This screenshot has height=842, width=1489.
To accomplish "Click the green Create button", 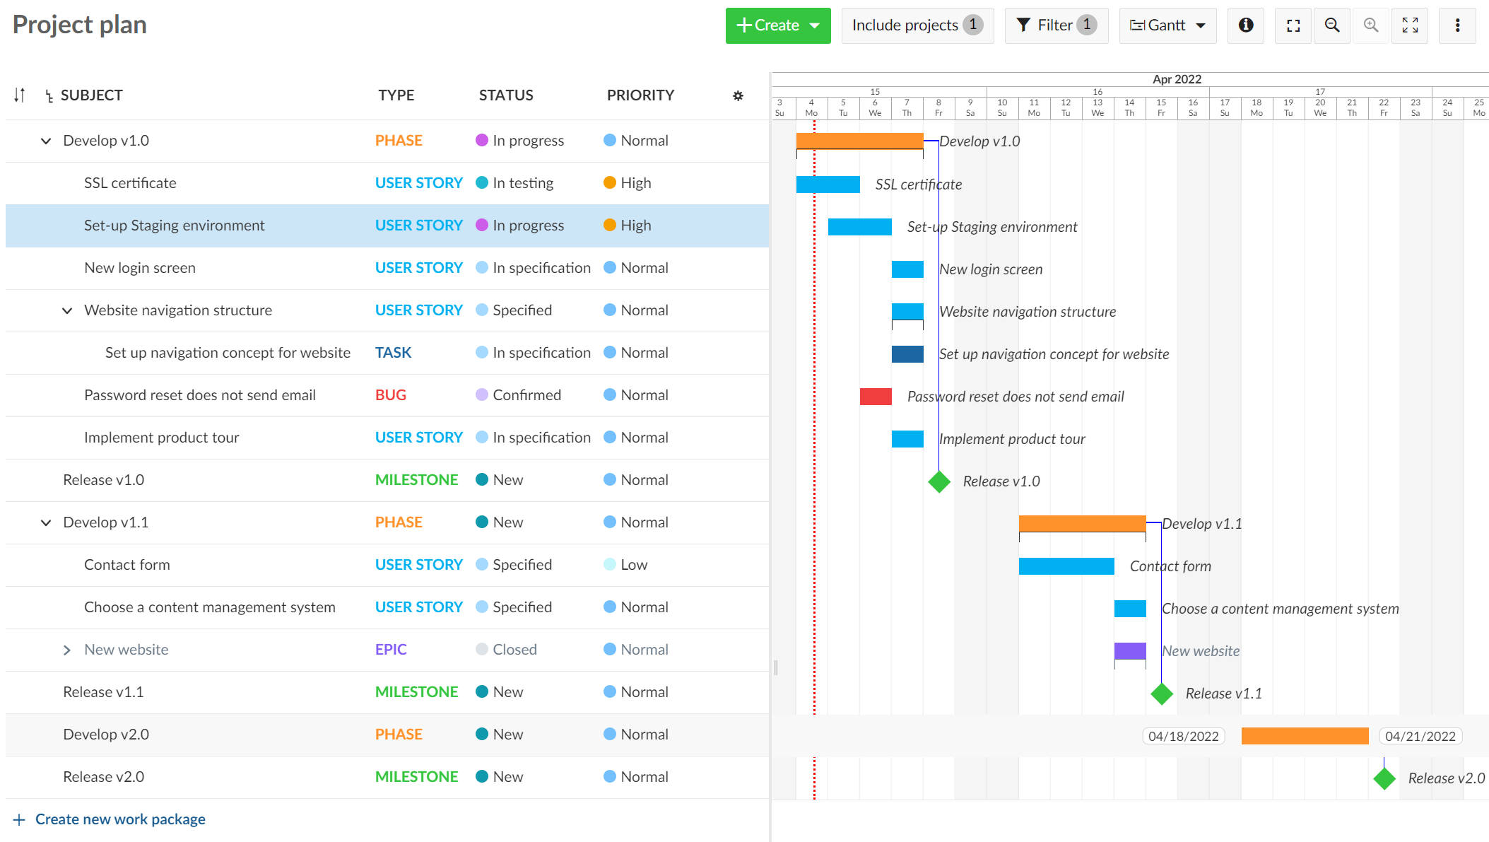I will click(x=777, y=25).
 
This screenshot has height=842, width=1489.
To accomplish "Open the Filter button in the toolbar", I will click(x=1056, y=25).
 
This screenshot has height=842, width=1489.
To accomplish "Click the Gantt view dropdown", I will click(x=1167, y=25).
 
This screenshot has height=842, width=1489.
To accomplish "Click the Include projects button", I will click(x=917, y=25).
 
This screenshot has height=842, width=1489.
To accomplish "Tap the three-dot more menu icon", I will click(x=1457, y=25).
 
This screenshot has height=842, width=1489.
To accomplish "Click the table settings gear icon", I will click(x=738, y=95).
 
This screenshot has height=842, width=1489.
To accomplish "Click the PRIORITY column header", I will click(x=640, y=95).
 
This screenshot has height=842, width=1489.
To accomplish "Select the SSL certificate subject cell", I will click(x=130, y=183).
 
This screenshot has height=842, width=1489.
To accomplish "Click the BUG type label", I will click(x=390, y=395).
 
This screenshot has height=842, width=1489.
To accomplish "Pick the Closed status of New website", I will click(x=514, y=650).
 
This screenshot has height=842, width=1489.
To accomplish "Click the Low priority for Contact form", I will click(x=633, y=565).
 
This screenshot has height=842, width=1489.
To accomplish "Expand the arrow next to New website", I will click(x=67, y=650).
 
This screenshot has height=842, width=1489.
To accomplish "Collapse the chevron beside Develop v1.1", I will click(x=46, y=522).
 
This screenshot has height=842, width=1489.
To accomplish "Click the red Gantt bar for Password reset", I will click(x=875, y=397).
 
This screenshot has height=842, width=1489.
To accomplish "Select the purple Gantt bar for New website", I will click(x=1129, y=650).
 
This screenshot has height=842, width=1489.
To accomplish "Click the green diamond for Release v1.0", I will click(x=939, y=481).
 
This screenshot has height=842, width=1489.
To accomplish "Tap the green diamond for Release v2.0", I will click(x=1384, y=778).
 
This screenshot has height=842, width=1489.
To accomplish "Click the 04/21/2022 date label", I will click(x=1420, y=736).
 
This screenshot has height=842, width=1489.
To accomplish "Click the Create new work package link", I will click(x=120, y=819).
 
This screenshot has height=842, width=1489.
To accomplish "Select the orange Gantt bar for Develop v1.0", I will click(x=859, y=141).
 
